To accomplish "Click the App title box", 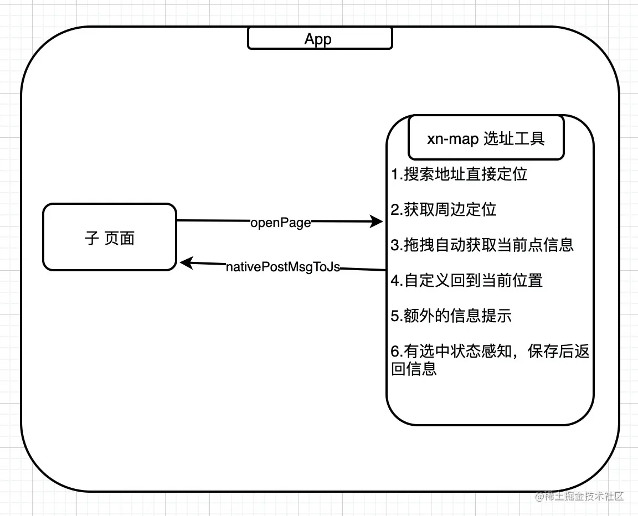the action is (320, 38).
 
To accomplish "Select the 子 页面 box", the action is (110, 237).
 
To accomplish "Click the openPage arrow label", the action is (281, 223).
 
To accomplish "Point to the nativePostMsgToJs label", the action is (283, 267).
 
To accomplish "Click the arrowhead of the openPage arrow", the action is (376, 221).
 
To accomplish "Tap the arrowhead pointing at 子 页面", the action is (187, 262).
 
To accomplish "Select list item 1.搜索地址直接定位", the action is (459, 174).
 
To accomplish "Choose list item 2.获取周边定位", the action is (444, 209).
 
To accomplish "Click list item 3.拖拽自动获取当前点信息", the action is (482, 245).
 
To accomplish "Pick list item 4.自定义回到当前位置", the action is (467, 280).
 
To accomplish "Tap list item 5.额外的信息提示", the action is (451, 316).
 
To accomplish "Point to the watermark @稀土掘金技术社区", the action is (579, 496).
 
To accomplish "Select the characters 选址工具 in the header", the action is (514, 138).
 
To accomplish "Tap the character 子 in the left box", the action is (92, 238).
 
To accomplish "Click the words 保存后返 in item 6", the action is (559, 351).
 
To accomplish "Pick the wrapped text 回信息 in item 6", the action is (414, 368).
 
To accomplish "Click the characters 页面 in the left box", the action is (119, 238).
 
